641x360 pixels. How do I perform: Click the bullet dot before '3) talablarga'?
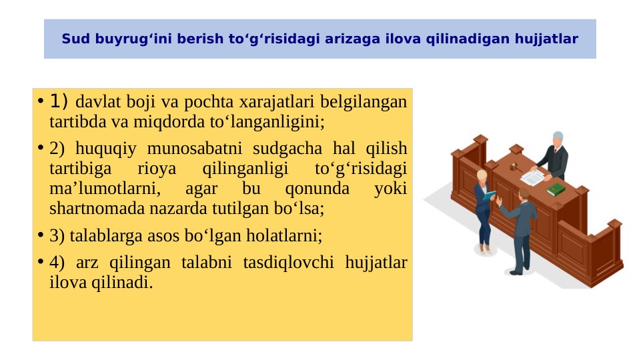pos(40,235)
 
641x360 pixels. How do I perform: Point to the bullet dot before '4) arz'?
pos(40,262)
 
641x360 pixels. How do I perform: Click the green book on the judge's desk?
pos(556,190)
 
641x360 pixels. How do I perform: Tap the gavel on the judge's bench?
pos(514,165)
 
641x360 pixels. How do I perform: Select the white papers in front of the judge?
pos(532,177)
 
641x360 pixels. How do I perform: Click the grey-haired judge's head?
pos(558,137)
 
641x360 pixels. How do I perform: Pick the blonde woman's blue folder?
pos(489,196)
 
